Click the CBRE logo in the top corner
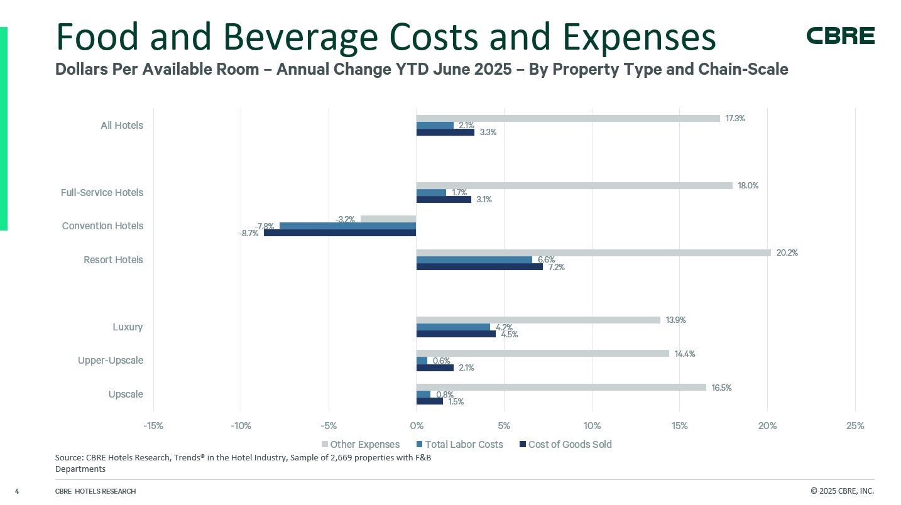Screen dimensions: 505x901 click(x=840, y=36)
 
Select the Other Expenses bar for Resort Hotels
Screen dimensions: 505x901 click(x=593, y=253)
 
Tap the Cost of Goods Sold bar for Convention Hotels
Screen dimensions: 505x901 click(x=340, y=232)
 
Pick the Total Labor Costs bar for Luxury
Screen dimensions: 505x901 click(x=453, y=327)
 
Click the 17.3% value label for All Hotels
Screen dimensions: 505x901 click(x=736, y=118)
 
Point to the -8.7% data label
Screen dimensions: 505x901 click(x=249, y=233)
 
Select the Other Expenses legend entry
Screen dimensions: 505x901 click(x=361, y=445)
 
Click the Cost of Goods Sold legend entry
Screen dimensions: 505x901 click(x=565, y=445)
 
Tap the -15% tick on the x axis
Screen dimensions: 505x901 click(x=153, y=426)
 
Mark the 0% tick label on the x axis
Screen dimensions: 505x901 click(x=416, y=426)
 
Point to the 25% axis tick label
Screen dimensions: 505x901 click(x=855, y=426)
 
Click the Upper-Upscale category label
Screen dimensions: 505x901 click(x=111, y=361)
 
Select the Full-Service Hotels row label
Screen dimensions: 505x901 click(x=102, y=192)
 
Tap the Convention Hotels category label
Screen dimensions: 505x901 click(x=102, y=226)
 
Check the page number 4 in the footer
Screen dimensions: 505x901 click(x=17, y=491)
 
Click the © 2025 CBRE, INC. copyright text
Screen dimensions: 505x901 click(x=842, y=491)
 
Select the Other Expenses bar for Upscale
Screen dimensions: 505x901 click(x=561, y=388)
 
